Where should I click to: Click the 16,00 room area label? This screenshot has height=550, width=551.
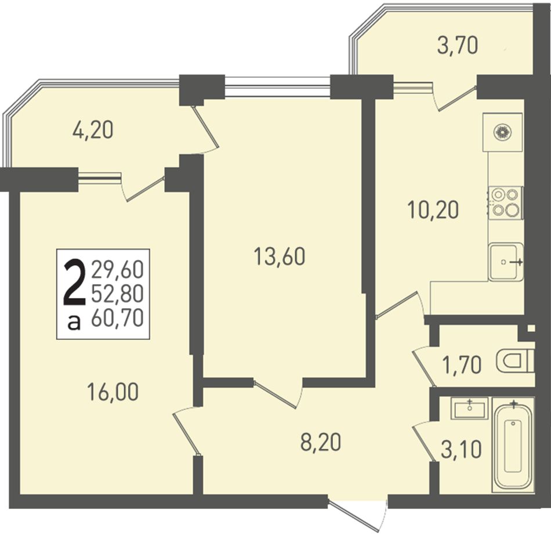pyautogui.click(x=113, y=392)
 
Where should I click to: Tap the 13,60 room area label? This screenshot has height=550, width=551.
pyautogui.click(x=280, y=256)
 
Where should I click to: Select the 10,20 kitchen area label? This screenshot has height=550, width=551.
pyautogui.click(x=433, y=210)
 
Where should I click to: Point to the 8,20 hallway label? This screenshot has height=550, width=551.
pyautogui.click(x=321, y=442)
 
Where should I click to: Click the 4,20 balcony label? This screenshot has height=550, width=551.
pyautogui.click(x=93, y=130)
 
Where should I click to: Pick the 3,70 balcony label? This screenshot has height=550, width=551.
pyautogui.click(x=458, y=46)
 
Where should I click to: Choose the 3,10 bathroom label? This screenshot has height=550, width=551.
pyautogui.click(x=461, y=449)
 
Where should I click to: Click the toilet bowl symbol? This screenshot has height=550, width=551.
pyautogui.click(x=515, y=361)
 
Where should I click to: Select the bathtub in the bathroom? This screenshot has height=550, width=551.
pyautogui.click(x=513, y=443)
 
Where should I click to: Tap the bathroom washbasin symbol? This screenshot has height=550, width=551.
pyautogui.click(x=470, y=408)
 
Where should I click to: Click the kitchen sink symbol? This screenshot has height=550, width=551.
pyautogui.click(x=506, y=262)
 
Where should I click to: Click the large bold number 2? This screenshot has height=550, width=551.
pyautogui.click(x=74, y=283)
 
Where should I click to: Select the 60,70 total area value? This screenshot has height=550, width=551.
pyautogui.click(x=117, y=319)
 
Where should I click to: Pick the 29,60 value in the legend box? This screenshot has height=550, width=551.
pyautogui.click(x=117, y=270)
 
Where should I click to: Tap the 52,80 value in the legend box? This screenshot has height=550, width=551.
pyautogui.click(x=117, y=294)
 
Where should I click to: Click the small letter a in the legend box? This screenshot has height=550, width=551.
pyautogui.click(x=74, y=322)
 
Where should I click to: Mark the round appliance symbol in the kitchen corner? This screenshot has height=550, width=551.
pyautogui.click(x=502, y=132)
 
